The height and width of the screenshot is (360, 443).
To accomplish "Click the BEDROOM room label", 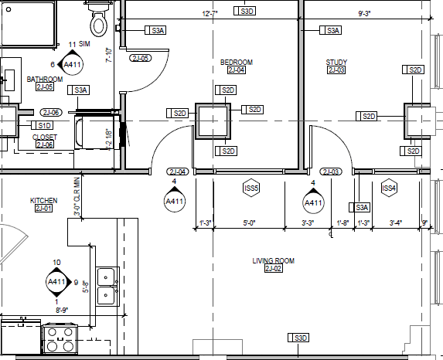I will click(236, 62).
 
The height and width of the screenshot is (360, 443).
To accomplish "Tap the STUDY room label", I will click(336, 62).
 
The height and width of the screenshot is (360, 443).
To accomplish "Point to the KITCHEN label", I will click(43, 200).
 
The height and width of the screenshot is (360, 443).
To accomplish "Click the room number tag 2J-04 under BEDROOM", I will click(236, 70).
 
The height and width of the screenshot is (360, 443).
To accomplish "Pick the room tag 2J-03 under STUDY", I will click(336, 70).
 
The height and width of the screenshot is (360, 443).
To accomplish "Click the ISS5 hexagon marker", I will click(251, 188).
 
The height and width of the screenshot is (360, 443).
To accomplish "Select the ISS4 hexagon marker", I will click(389, 188).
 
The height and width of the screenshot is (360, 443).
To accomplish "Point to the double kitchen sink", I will click(106, 284).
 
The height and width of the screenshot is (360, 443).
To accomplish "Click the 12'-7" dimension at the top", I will click(211, 13).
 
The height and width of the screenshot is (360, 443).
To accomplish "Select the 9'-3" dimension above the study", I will click(366, 13).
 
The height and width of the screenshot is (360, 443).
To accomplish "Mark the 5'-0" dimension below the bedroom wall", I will click(249, 223).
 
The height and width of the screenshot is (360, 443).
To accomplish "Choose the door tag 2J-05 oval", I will click(140, 59).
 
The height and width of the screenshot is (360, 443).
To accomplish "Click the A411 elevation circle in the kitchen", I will click(57, 282).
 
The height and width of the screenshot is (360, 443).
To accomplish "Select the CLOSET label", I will click(44, 137).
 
